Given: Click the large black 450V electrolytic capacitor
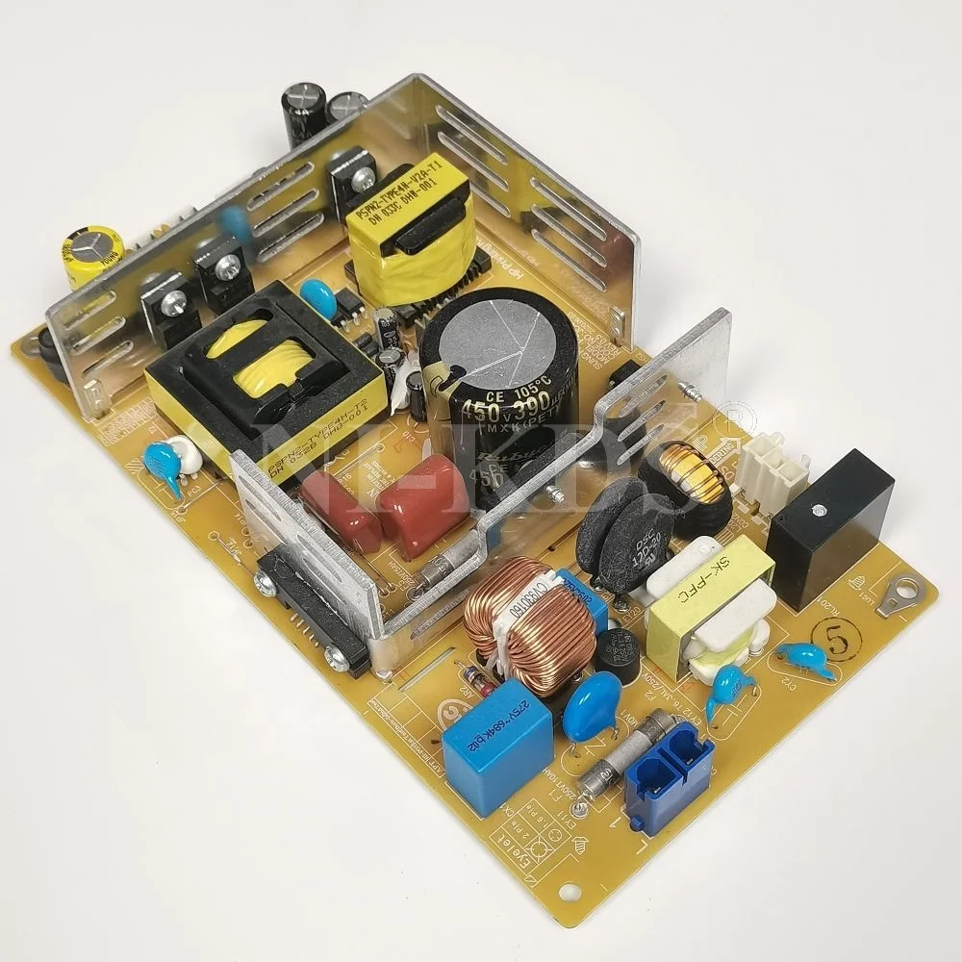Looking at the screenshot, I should [x=496, y=385].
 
